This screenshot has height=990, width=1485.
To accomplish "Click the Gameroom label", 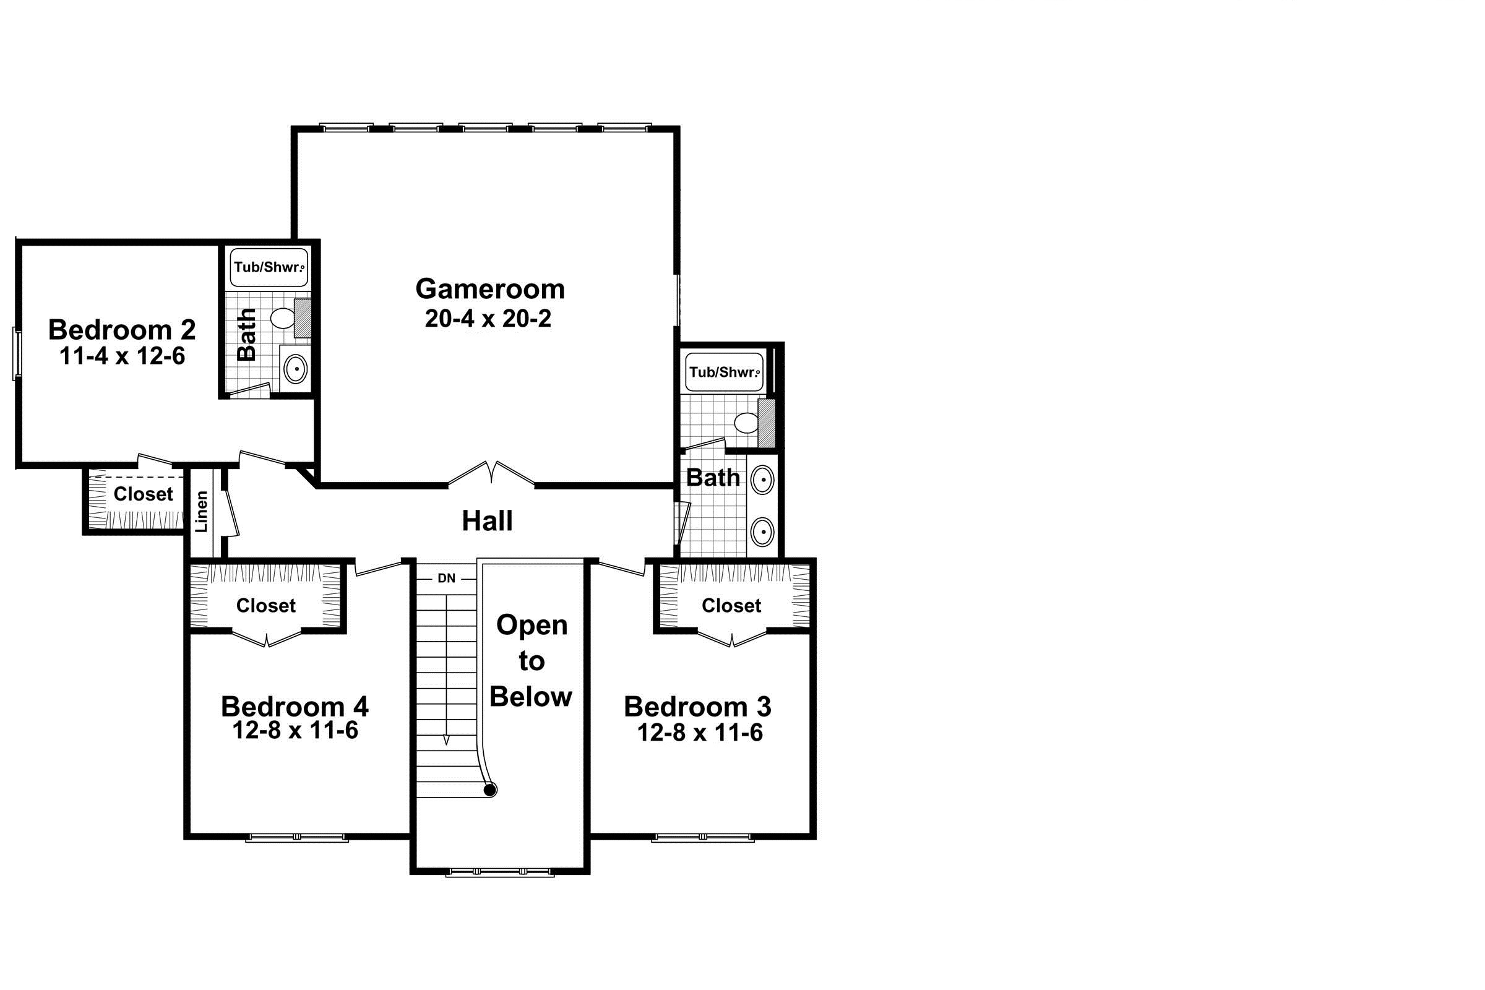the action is coord(490,289).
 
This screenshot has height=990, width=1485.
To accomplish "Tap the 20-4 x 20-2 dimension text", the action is coord(488,318).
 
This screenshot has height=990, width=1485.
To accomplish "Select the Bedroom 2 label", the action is coord(122,330).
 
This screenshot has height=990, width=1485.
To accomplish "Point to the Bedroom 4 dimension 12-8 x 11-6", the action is coord(295,730).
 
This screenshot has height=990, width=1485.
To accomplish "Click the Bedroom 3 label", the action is coord(698,707).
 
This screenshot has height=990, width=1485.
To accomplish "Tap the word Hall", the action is coord(487,521).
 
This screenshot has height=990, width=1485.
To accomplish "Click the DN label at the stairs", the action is coord(446,578).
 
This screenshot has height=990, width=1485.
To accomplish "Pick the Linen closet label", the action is coord(202,512).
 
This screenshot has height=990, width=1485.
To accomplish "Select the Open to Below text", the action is coord(531,661).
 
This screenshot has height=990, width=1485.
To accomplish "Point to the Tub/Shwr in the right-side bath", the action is coord(724,372).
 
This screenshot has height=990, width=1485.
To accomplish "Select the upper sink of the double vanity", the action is coord(763,481).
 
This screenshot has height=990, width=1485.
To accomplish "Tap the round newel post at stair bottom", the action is coord(489,790).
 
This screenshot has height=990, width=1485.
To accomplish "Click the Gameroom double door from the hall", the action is coord(491,475).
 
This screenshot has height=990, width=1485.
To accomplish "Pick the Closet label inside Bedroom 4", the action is coord(266,606).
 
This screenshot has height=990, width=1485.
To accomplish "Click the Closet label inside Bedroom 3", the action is coord(731,606).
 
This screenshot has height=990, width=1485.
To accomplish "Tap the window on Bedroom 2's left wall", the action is coord(18,353).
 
